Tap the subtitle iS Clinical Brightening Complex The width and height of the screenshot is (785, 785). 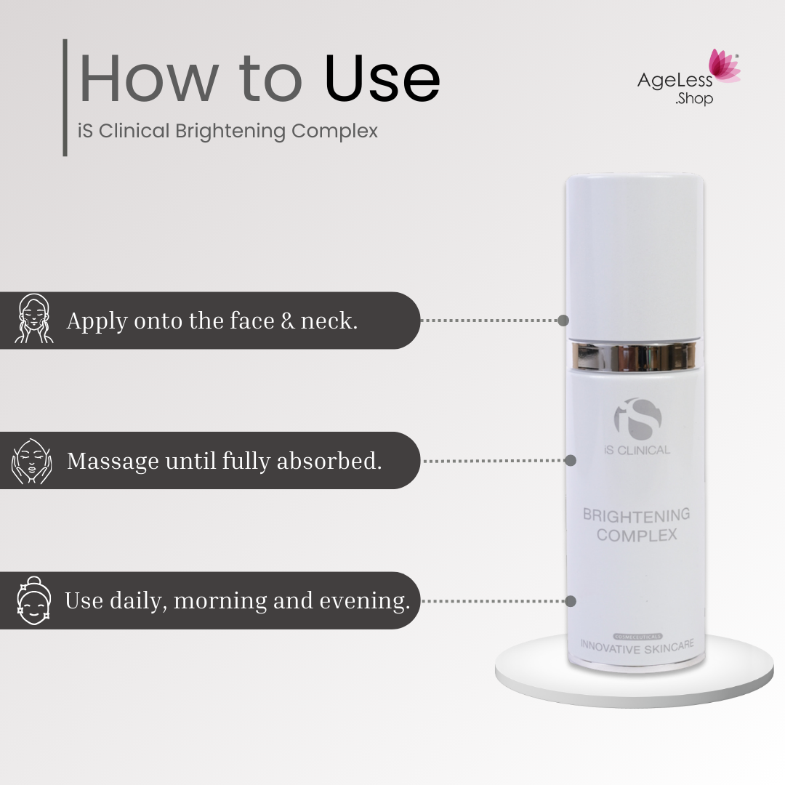(228, 132)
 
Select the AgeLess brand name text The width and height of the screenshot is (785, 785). (675, 81)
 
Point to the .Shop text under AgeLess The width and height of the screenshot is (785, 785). (693, 99)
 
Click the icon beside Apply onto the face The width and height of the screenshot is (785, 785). (34, 320)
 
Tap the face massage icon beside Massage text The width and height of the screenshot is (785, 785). (32, 461)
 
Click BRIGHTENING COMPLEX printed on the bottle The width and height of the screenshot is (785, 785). (636, 525)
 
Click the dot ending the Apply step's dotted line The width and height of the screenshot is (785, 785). (563, 320)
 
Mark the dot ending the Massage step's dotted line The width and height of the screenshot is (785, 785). (571, 460)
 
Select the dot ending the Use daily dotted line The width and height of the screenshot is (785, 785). (571, 601)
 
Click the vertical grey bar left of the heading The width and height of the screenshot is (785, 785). (65, 97)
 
